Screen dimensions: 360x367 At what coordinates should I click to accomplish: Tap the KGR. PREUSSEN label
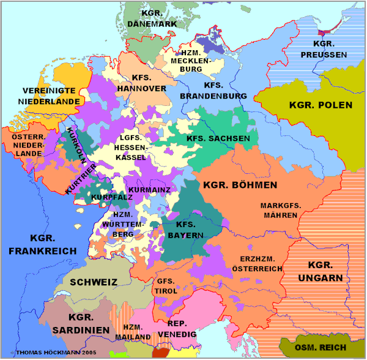(330, 49)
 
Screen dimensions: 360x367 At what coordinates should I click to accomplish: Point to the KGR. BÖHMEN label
(240, 184)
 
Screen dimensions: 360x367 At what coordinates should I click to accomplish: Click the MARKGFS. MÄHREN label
(281, 210)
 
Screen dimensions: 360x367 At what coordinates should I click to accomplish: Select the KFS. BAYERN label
(185, 230)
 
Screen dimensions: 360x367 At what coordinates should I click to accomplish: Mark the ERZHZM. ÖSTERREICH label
(257, 264)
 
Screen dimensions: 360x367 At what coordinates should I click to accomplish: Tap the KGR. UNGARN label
(321, 272)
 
